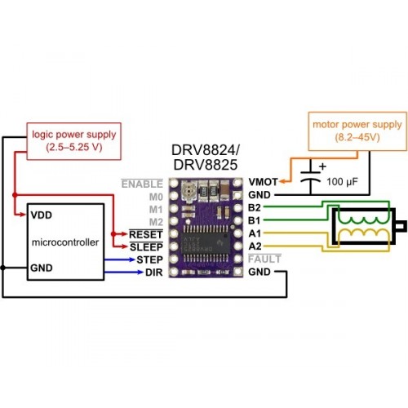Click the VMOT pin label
click(263, 182)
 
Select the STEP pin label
click(149, 259)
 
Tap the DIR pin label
click(153, 273)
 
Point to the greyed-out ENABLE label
click(142, 184)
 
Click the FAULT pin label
click(264, 259)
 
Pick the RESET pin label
click(146, 234)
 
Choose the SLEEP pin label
click(146, 247)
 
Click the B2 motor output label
click(255, 207)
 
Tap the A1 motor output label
click(255, 233)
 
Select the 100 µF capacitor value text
click(342, 182)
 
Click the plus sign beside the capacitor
click(322, 166)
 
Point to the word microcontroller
click(65, 242)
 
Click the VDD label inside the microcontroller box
click(42, 215)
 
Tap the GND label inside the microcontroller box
click(42, 268)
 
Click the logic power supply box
click(74, 141)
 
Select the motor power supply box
click(357, 131)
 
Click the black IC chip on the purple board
click(206, 242)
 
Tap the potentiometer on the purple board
click(188, 192)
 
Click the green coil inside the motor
click(363, 218)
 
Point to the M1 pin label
click(156, 210)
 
